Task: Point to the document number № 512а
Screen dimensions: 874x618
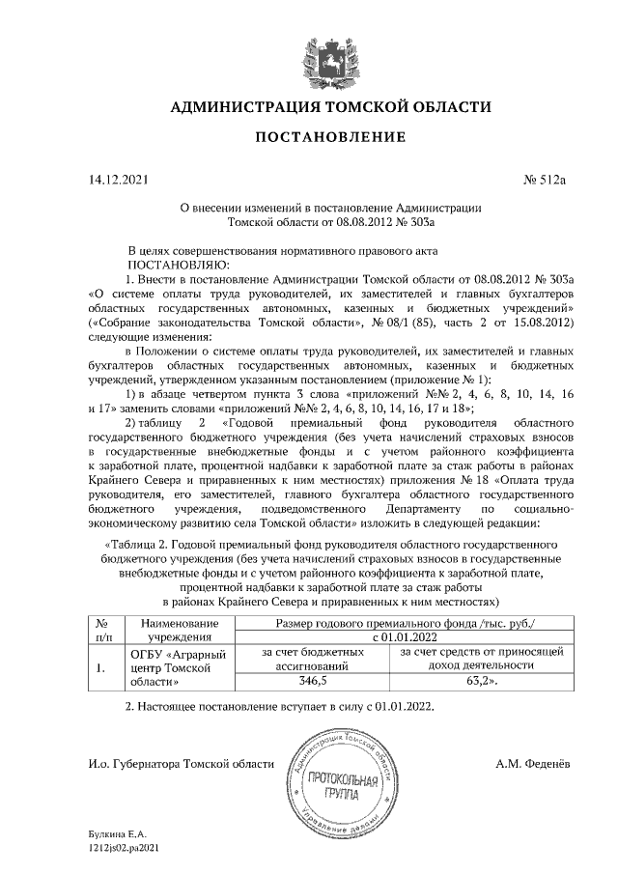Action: tap(547, 179)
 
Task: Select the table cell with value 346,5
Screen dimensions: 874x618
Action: tap(315, 681)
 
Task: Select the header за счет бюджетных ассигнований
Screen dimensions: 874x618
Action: tap(315, 659)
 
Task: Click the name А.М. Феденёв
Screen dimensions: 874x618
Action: tap(532, 764)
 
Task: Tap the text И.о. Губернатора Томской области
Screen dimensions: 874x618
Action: tap(179, 764)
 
